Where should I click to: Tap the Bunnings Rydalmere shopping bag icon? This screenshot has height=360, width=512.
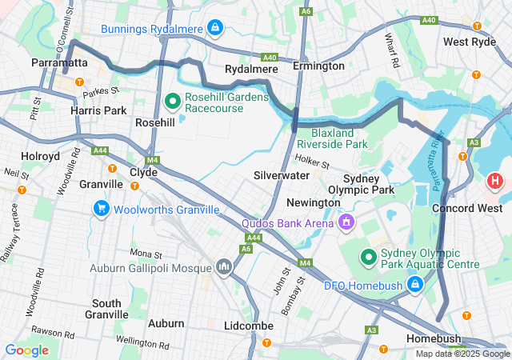214,29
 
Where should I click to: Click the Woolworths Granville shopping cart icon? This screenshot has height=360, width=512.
102,210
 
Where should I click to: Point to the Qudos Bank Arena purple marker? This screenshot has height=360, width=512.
346,221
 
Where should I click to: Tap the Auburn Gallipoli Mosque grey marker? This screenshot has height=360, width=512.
223,266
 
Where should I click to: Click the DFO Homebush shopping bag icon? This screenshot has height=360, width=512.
415,284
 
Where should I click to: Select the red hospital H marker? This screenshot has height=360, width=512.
495,181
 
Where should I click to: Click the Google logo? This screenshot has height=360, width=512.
26,350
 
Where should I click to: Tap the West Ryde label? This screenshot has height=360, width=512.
469,42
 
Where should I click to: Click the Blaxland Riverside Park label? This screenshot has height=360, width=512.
332,138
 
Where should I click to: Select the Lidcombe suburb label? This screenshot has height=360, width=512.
249,326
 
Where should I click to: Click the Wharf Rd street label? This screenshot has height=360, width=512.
392,50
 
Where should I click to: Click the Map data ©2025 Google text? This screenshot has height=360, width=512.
462,354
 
